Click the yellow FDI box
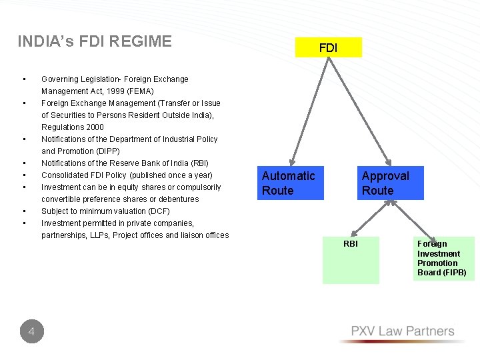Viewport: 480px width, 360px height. tap(328, 47)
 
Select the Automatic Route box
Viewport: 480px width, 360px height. tap(290, 183)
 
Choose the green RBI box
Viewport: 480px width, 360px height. tap(351, 260)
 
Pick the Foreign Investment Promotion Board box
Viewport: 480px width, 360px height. tap(443, 259)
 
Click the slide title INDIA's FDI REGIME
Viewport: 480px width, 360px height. tap(94, 42)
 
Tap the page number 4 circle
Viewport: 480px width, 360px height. tap(31, 331)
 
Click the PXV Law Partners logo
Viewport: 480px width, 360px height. tap(403, 332)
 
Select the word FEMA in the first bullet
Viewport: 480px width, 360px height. tap(140, 91)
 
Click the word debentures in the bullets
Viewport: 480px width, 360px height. tap(175, 199)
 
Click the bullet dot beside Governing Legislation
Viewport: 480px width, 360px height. tap(23, 79)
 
